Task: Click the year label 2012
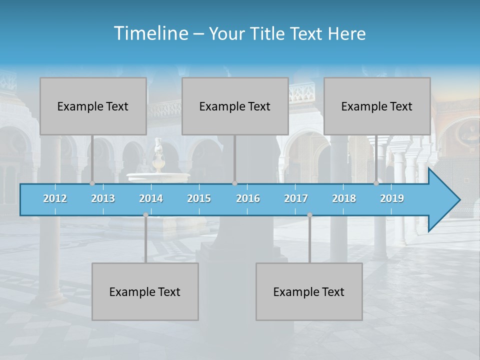pos(55,198)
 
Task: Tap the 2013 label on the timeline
pos(103,198)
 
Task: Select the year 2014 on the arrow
pos(151,198)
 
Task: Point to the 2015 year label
pos(199,198)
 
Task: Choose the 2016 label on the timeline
pos(248,198)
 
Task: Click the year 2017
pos(296,198)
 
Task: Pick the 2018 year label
pos(344,198)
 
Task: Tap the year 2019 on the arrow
pos(392,198)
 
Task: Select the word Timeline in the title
pos(150,33)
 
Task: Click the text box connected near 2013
pos(93,106)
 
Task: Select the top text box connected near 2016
pos(235,106)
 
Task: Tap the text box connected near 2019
pos(377,106)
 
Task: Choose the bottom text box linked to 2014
pos(145,291)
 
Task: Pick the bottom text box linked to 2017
pos(309,291)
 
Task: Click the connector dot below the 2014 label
pos(145,214)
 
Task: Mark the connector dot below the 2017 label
pos(309,214)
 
